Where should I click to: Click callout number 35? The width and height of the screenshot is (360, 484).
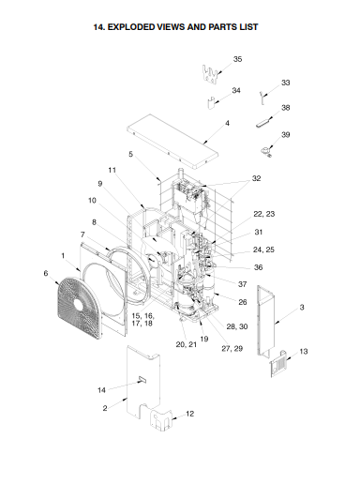coord(237,59)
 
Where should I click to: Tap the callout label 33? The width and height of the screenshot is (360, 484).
coord(285,83)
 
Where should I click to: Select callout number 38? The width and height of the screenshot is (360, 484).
coord(285,108)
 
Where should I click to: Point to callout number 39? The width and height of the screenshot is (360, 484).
coord(285,134)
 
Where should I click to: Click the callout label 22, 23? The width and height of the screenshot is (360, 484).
coord(264,214)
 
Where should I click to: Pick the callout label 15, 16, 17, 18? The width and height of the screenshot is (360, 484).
coord(142,319)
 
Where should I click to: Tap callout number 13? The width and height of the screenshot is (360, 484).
coord(304,352)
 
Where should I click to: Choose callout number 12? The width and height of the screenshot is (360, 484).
coord(189,414)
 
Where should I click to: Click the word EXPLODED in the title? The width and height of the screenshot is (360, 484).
coord(131,27)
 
